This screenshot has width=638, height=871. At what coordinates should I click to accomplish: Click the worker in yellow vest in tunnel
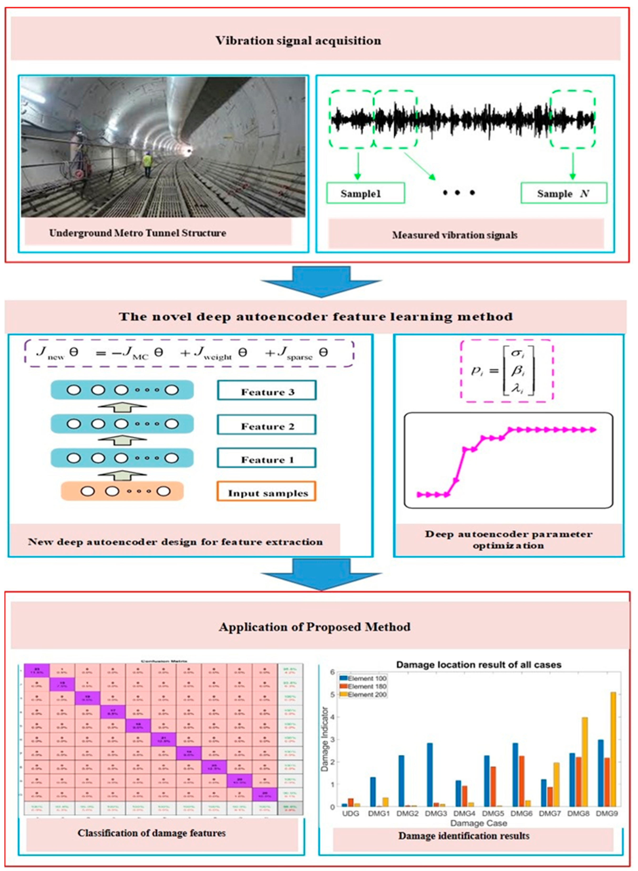point(147,163)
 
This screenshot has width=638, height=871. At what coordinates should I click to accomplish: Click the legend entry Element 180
point(367,686)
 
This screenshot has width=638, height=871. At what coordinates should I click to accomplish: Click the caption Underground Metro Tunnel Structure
point(138,233)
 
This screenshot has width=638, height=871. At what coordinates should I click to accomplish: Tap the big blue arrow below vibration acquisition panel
point(321,281)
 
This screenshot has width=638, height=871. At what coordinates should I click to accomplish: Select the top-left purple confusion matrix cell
point(37,670)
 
